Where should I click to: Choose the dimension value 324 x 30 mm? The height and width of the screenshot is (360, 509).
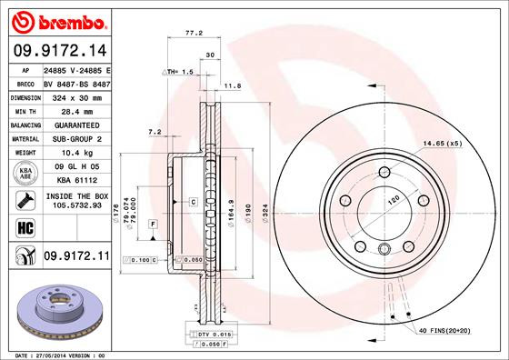click(x=75, y=96)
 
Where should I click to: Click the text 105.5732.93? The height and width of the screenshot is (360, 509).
click(x=75, y=205)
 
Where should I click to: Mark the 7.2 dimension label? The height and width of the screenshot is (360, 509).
click(x=154, y=133)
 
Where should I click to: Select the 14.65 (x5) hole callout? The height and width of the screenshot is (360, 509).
click(x=441, y=144)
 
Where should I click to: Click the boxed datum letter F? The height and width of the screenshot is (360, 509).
click(x=153, y=224)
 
